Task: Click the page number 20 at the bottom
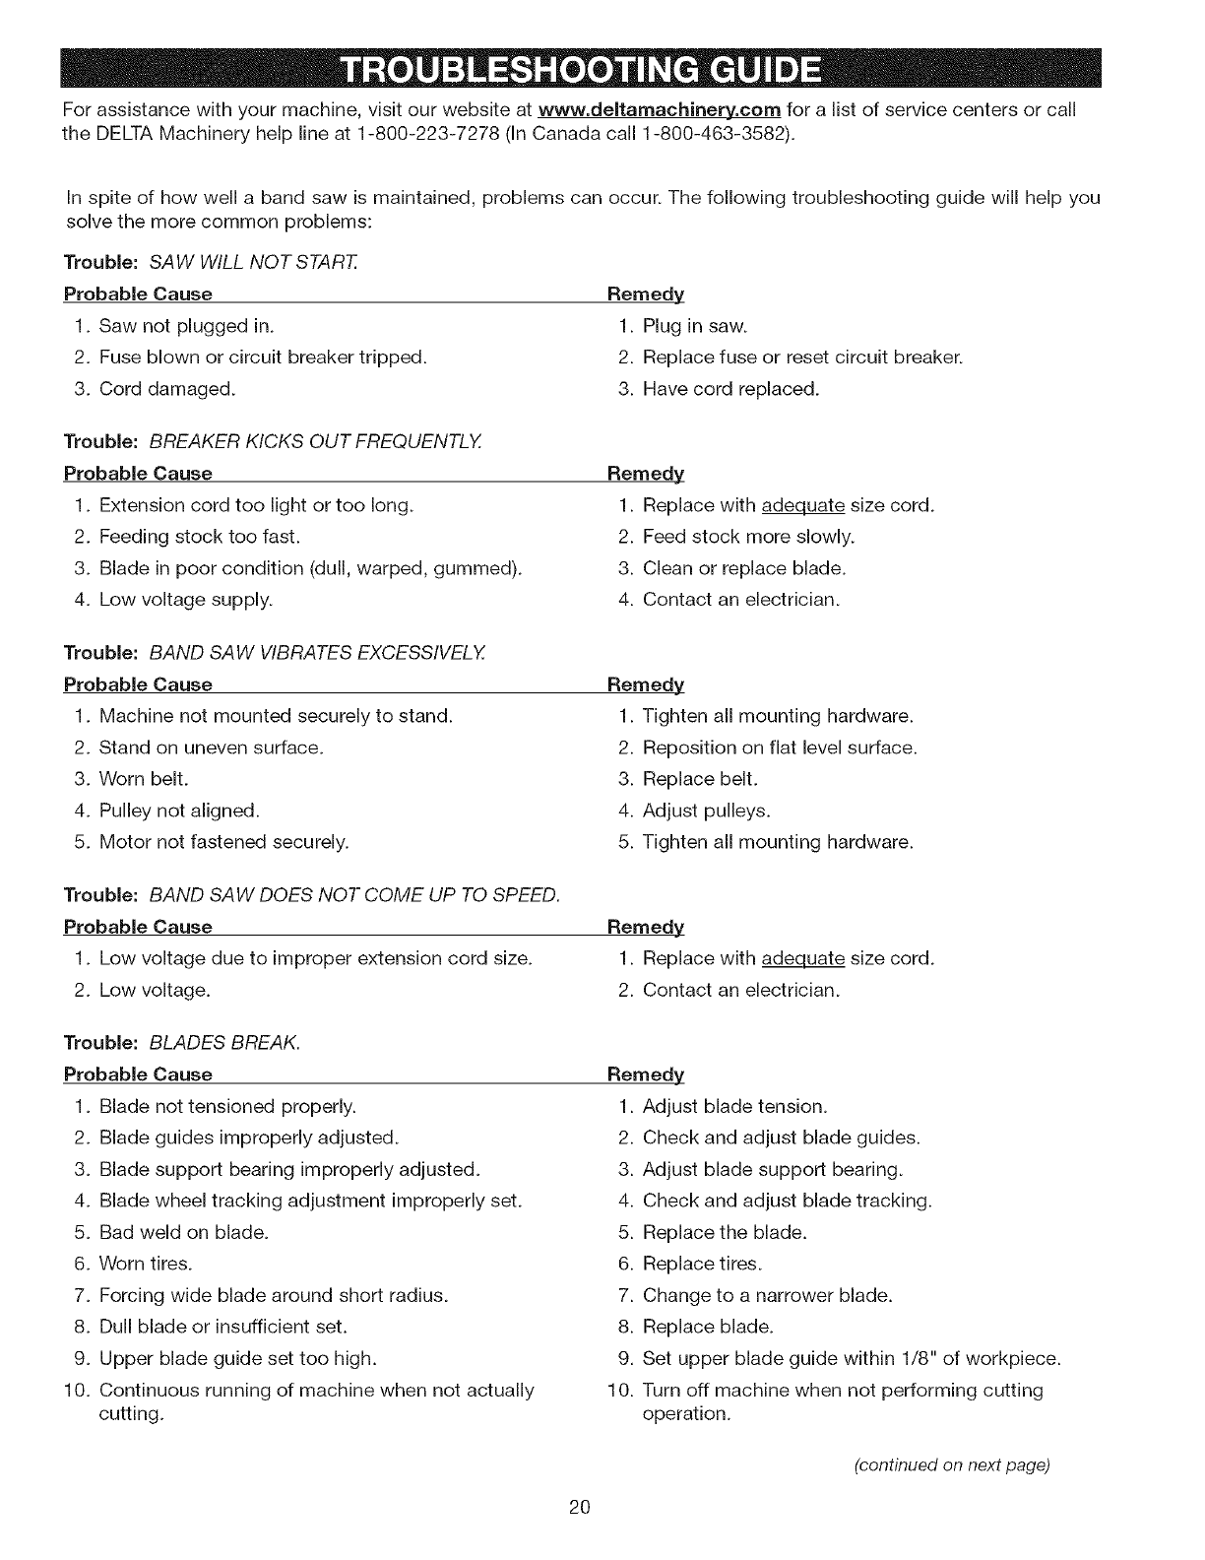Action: (579, 1507)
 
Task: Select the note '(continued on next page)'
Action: (952, 1464)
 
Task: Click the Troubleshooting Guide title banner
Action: (579, 68)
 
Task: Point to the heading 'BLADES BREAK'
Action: (224, 1043)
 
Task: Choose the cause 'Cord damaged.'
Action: (167, 389)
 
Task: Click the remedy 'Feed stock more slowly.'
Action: (748, 537)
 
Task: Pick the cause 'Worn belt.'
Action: (144, 779)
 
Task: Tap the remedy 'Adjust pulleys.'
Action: (706, 811)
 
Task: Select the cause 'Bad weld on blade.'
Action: (183, 1232)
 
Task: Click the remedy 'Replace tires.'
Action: (702, 1264)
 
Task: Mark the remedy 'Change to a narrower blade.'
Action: (767, 1295)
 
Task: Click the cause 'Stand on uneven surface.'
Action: (211, 747)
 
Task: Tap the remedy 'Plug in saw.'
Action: (695, 326)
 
